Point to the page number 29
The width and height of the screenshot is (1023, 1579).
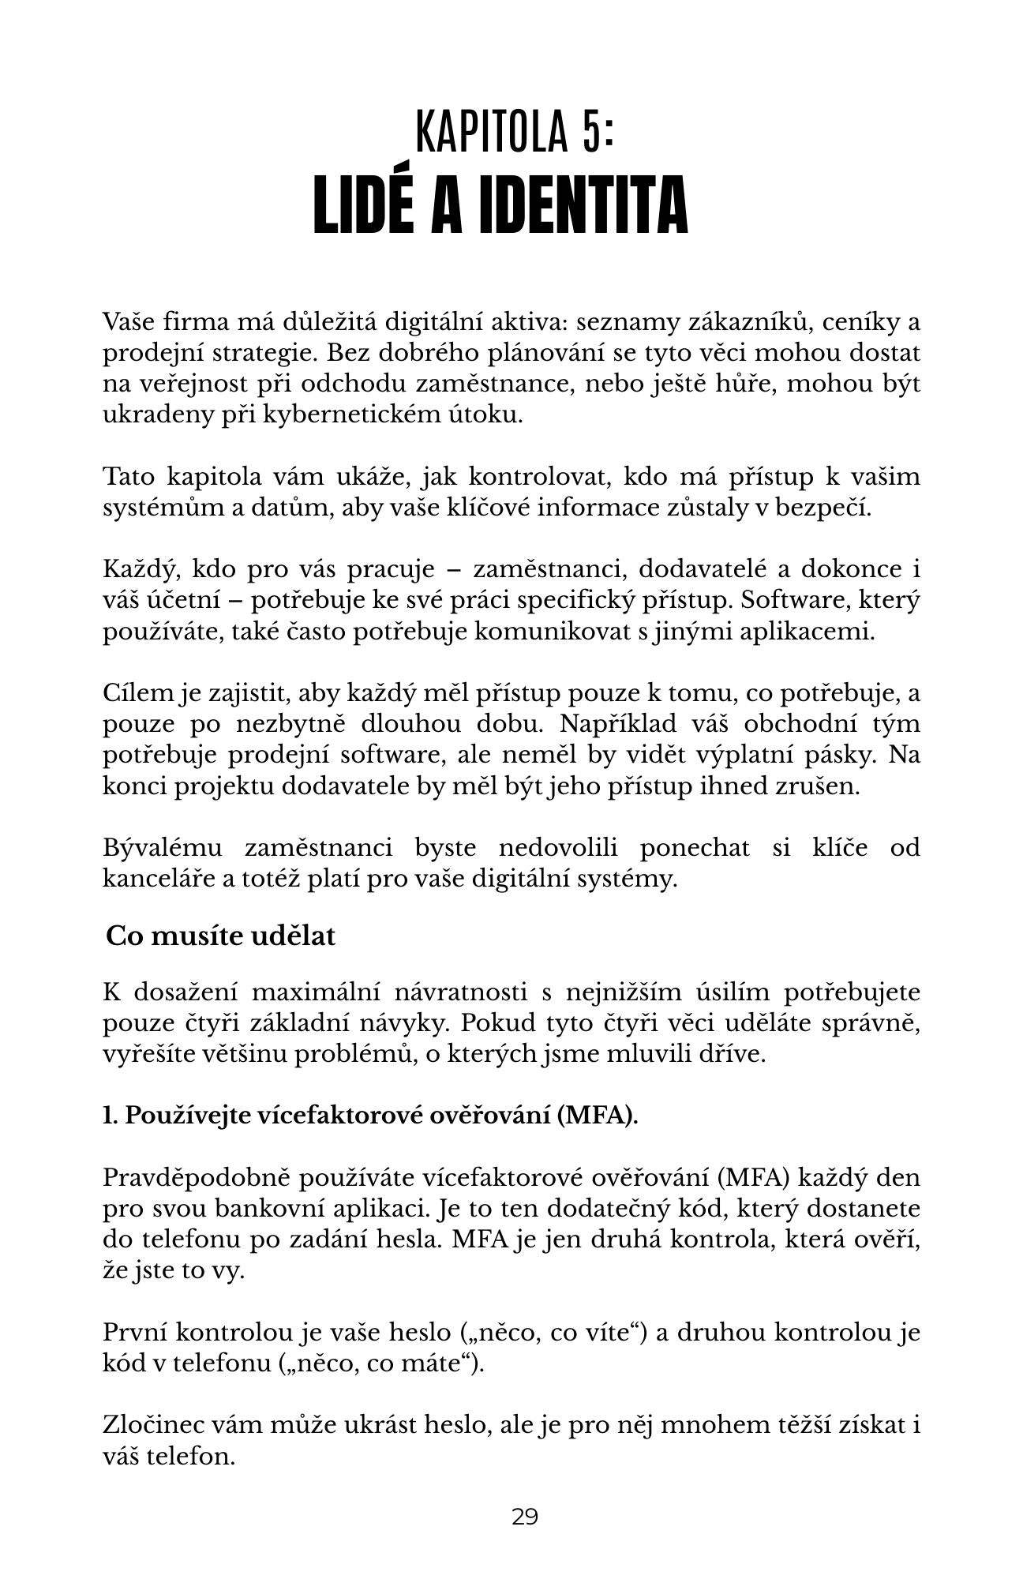(x=525, y=1517)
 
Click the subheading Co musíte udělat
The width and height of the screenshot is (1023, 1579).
(x=221, y=936)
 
